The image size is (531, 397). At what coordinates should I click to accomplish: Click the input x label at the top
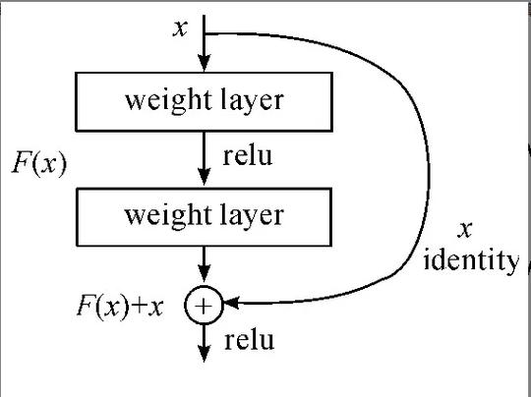tap(179, 27)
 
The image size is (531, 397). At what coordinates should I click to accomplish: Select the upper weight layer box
tap(204, 102)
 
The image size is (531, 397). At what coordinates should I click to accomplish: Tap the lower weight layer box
tap(204, 215)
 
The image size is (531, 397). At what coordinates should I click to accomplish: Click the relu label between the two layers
tap(249, 156)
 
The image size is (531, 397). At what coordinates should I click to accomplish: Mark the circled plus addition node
tap(204, 307)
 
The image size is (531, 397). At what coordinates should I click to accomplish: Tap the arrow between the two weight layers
tap(204, 157)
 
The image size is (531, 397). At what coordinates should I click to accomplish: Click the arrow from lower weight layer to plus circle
tap(204, 267)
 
